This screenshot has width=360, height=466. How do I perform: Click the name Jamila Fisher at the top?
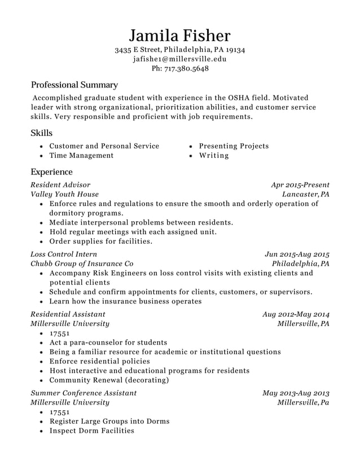[x=179, y=36]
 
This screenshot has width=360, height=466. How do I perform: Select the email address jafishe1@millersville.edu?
[x=179, y=59]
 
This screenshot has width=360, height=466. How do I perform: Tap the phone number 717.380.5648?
[x=186, y=69]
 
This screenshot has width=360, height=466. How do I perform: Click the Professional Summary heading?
[x=74, y=85]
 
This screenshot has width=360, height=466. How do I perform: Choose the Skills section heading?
[x=41, y=133]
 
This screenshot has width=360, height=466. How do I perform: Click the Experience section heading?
[x=51, y=172]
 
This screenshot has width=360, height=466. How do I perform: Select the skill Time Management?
[x=81, y=156]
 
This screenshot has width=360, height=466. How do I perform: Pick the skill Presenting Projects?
[x=234, y=146]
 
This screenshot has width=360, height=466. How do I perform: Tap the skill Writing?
[x=214, y=156]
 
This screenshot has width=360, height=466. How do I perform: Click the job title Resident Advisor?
[x=60, y=184]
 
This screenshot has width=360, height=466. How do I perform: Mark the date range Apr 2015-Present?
[x=300, y=184]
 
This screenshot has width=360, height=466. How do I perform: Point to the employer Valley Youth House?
[x=64, y=194]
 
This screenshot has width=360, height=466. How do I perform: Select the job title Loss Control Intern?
[x=64, y=254]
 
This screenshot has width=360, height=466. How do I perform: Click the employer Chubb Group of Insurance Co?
[x=82, y=263]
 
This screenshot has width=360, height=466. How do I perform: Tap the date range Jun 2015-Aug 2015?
[x=297, y=254]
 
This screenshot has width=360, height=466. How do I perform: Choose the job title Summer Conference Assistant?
[x=84, y=393]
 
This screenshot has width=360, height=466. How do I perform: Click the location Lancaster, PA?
[x=306, y=194]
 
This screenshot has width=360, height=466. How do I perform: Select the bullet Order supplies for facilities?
[x=101, y=241]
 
